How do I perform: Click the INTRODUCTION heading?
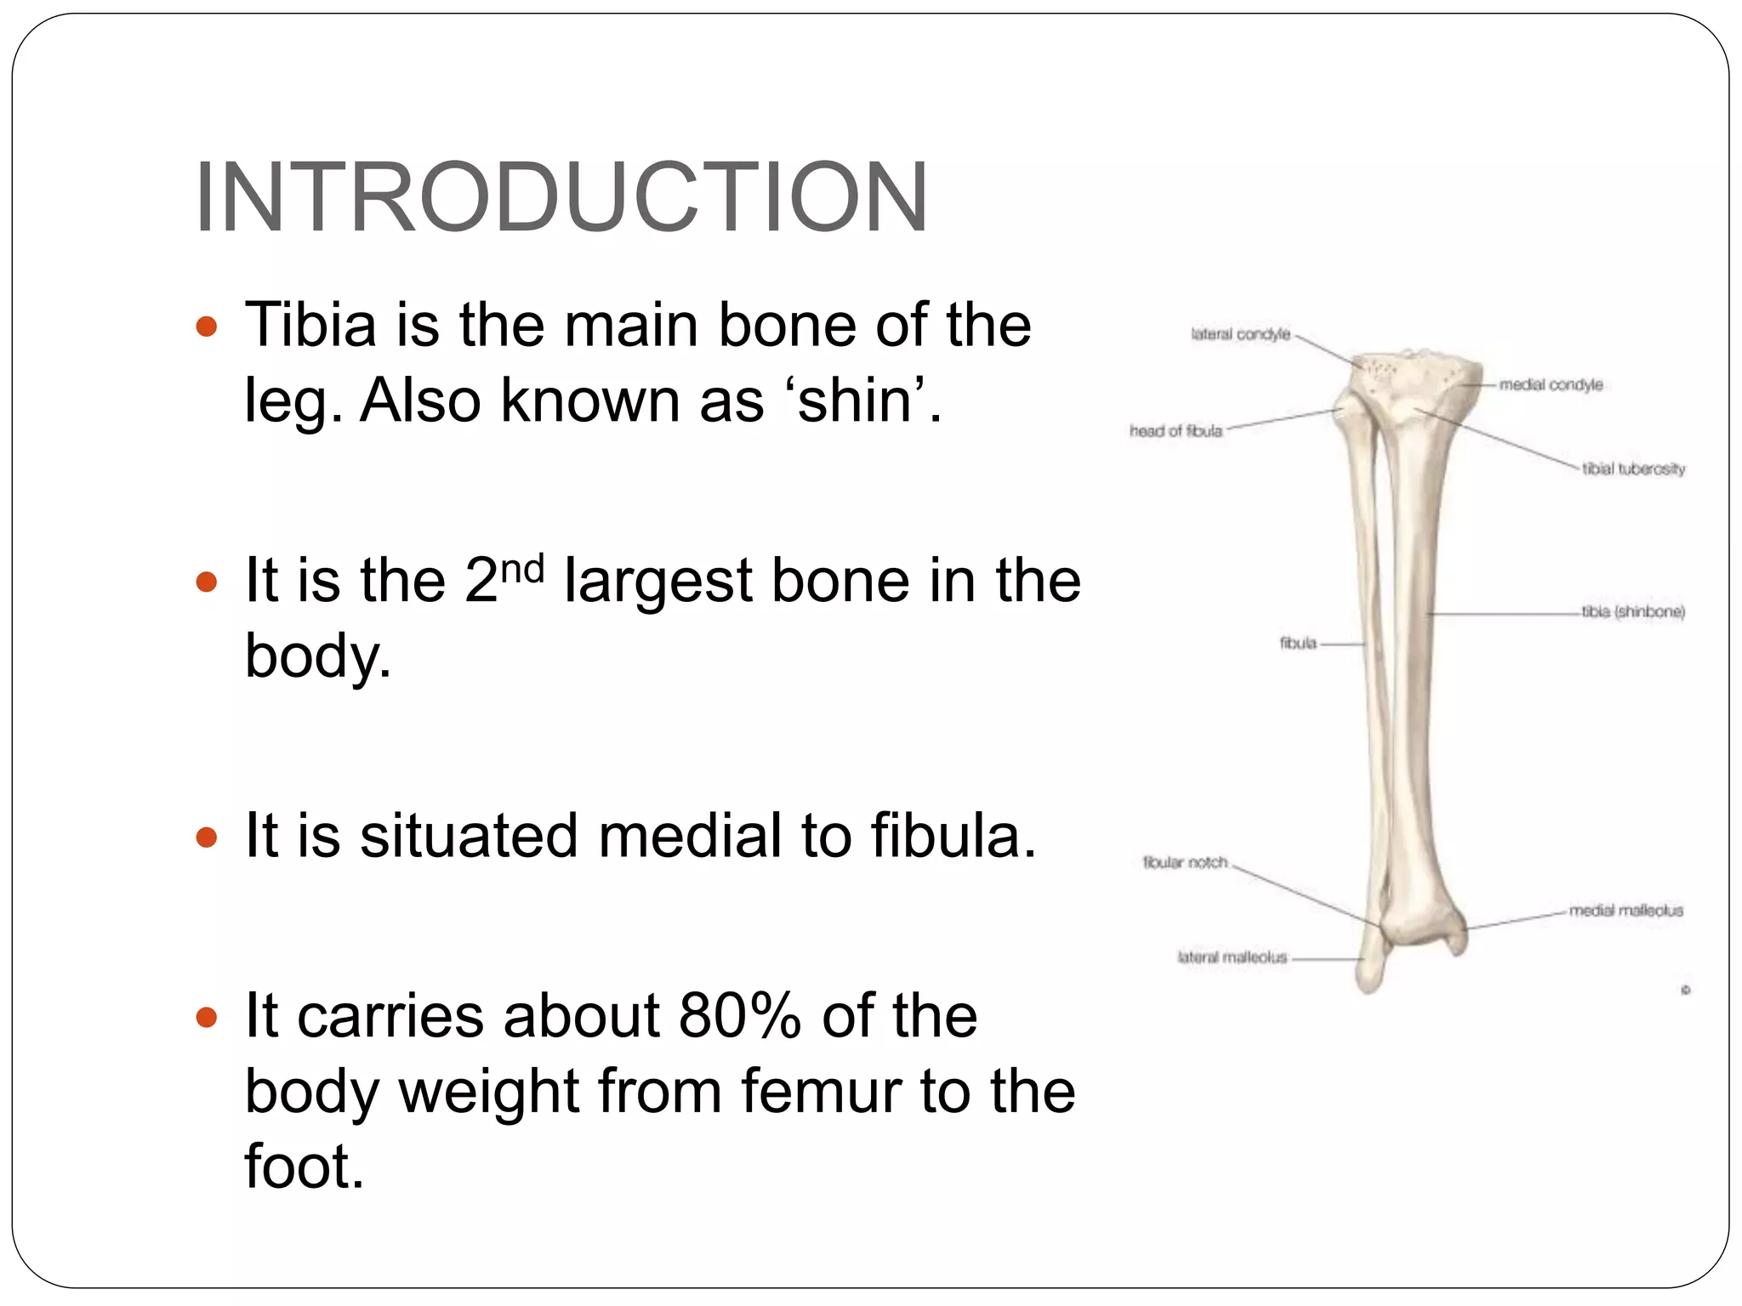click(x=561, y=197)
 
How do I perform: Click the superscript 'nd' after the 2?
click(x=521, y=567)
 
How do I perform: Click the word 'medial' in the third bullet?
click(x=690, y=836)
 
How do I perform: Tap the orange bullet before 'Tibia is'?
click(x=207, y=326)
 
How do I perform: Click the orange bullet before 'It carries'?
click(x=207, y=1017)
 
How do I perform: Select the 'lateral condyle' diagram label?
click(x=1240, y=334)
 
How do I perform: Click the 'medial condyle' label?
click(x=1551, y=385)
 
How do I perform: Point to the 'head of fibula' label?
click(x=1176, y=431)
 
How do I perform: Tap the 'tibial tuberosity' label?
click(x=1633, y=468)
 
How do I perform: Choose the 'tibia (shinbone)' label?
click(x=1633, y=611)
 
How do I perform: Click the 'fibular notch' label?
click(x=1185, y=862)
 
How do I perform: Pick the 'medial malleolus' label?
click(x=1625, y=911)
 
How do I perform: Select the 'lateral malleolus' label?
click(x=1232, y=957)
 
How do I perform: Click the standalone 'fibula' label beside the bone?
click(x=1298, y=644)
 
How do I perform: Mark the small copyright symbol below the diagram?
click(x=1685, y=990)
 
